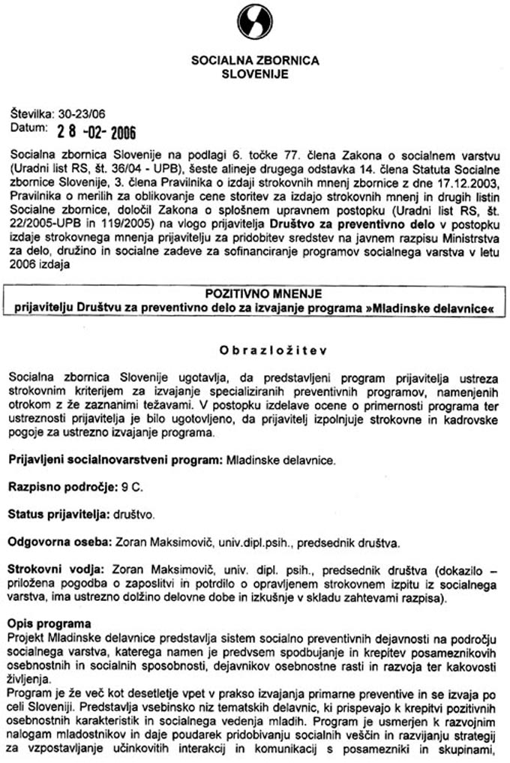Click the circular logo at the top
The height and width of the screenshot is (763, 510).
click(254, 20)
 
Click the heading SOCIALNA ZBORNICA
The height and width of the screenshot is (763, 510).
click(255, 62)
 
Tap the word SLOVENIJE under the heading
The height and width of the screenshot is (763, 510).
click(255, 74)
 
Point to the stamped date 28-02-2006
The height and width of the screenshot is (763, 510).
click(97, 133)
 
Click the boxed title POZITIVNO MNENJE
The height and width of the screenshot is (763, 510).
click(254, 297)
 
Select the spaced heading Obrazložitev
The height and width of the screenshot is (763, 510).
click(254, 350)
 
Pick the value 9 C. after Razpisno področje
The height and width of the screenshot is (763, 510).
click(132, 487)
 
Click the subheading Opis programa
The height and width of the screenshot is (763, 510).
click(49, 623)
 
